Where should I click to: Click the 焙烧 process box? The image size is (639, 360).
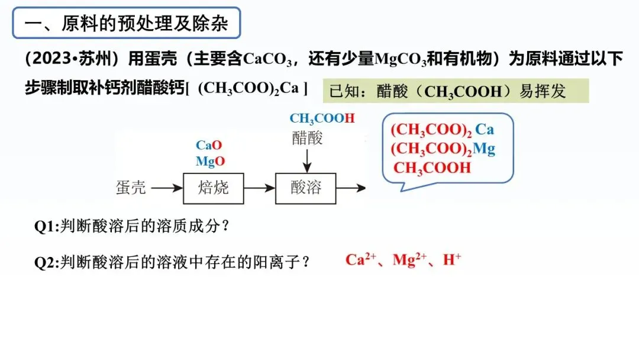(x=213, y=188)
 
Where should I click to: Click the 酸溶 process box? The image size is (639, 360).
(x=305, y=188)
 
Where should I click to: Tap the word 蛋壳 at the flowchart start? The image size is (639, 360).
(x=130, y=188)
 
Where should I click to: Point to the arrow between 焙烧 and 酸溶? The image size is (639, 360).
(x=259, y=188)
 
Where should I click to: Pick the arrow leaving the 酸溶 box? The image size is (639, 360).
(x=351, y=188)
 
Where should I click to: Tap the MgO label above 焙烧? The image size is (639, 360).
(x=210, y=161)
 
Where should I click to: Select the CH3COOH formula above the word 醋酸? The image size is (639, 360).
(x=322, y=118)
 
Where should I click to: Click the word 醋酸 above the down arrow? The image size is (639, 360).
(x=307, y=137)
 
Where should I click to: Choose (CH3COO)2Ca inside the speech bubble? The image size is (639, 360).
(x=442, y=129)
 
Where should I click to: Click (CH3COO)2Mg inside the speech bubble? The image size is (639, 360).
(x=443, y=149)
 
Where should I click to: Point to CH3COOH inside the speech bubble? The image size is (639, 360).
(x=432, y=168)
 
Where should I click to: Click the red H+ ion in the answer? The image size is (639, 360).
(x=452, y=260)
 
